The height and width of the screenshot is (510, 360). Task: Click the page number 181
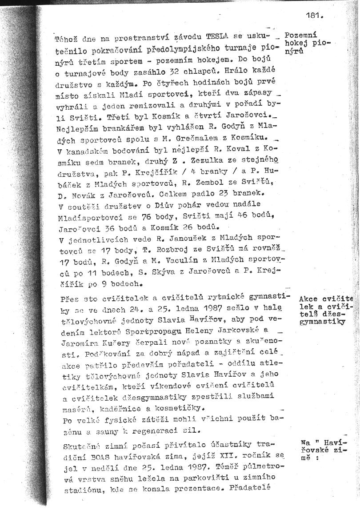click(x=314, y=15)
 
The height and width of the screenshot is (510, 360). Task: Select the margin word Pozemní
click(x=300, y=35)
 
